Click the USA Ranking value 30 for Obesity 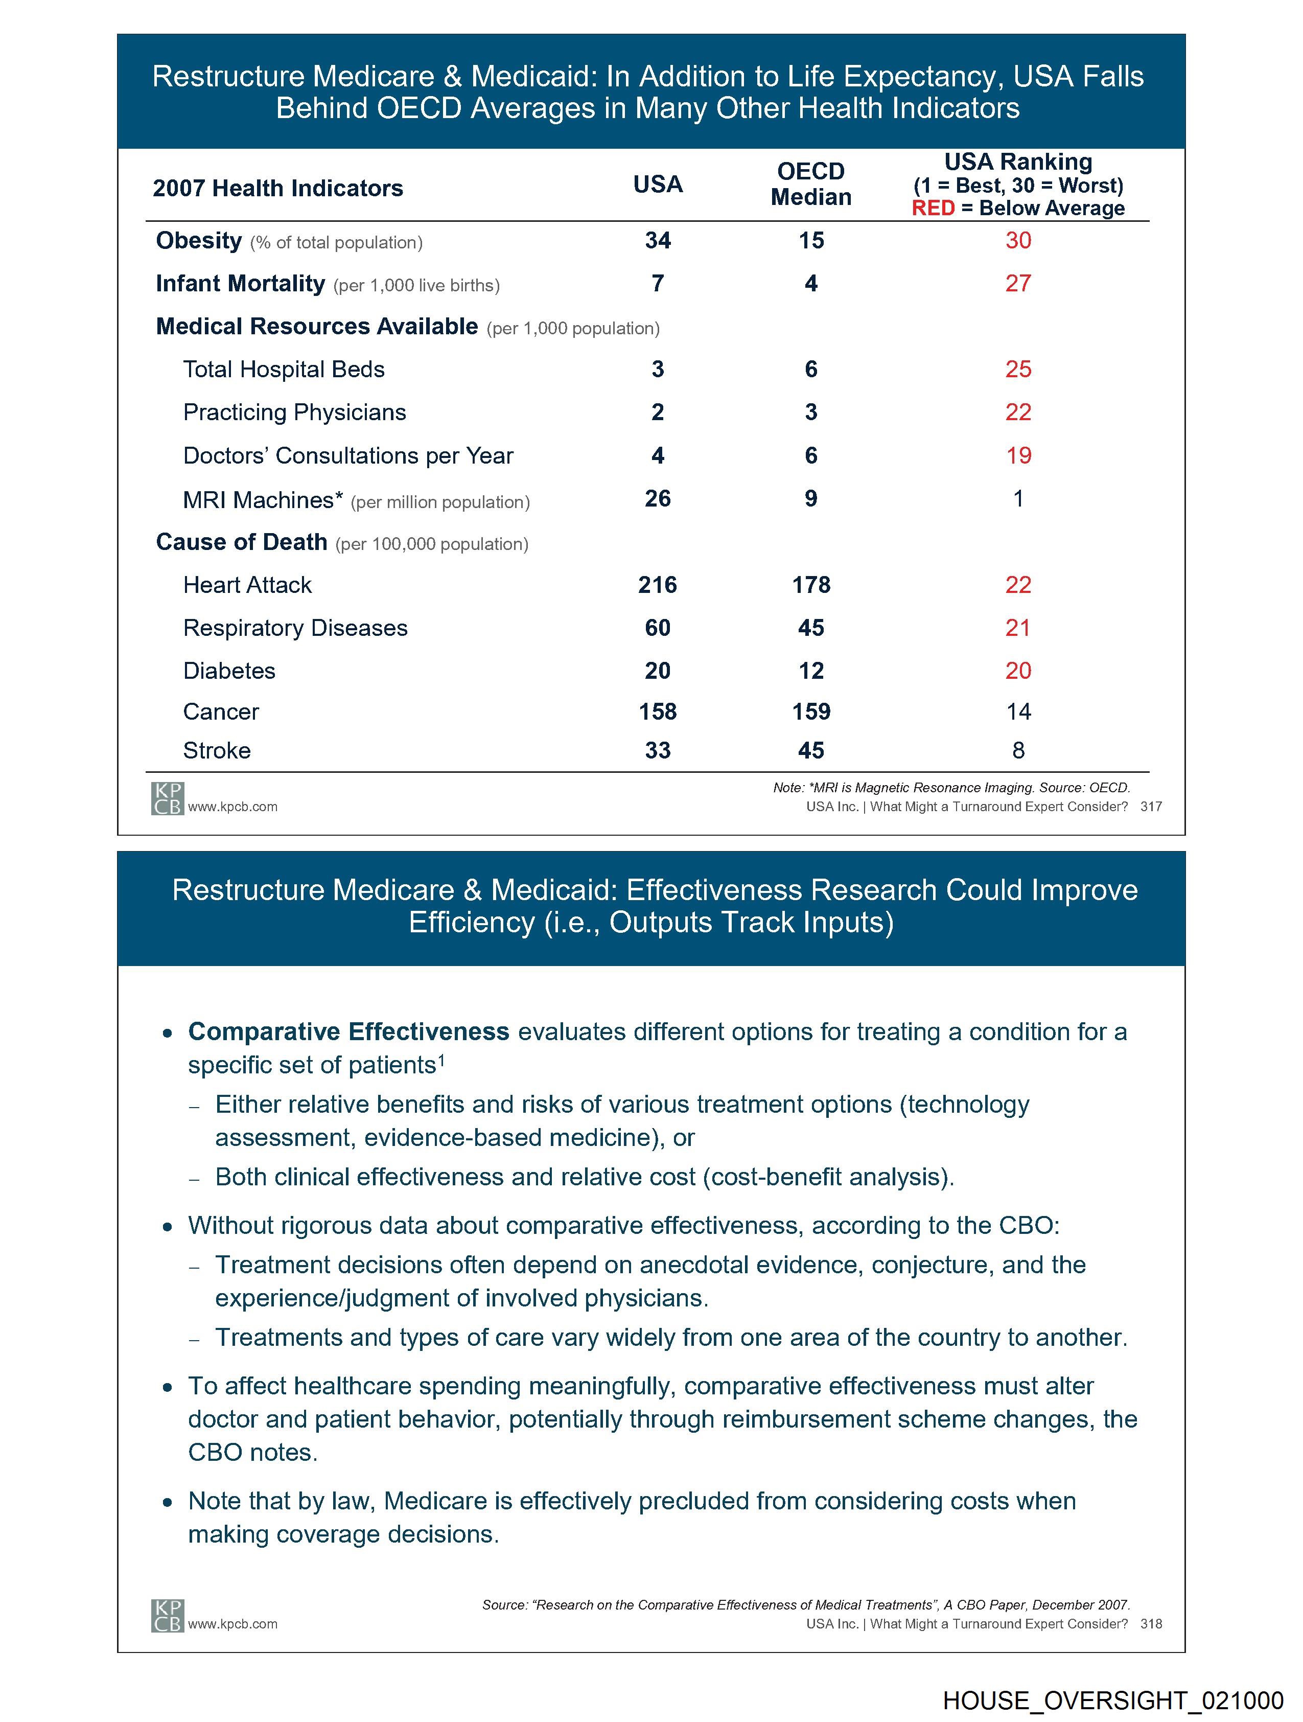coord(1017,241)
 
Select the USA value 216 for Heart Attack coord(657,585)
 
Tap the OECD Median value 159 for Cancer coord(810,711)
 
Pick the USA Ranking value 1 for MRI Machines coord(1018,498)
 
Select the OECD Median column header coord(810,183)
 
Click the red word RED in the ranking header coord(933,209)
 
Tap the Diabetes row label coord(229,671)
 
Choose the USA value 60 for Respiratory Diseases coord(657,628)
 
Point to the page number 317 coord(1150,807)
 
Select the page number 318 coord(1150,1624)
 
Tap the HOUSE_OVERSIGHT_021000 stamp coord(1112,1701)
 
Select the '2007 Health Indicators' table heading coord(278,189)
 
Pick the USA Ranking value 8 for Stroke coord(1018,750)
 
